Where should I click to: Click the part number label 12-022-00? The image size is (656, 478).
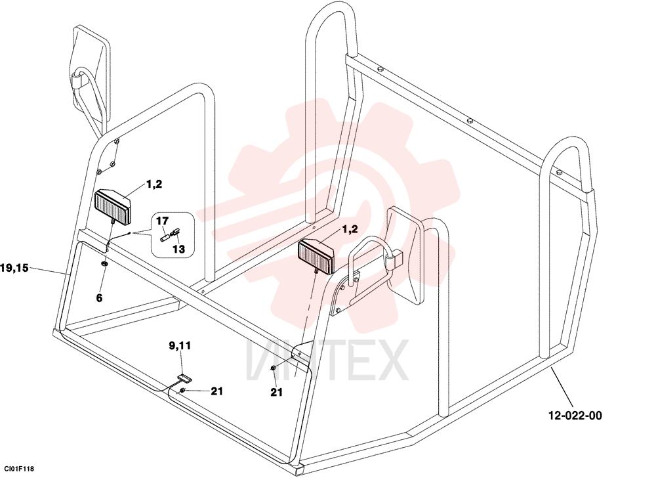click(575, 416)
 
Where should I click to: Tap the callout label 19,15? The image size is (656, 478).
click(14, 268)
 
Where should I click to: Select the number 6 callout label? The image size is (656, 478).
click(99, 298)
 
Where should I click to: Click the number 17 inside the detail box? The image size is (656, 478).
click(162, 221)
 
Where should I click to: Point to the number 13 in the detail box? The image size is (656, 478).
click(178, 249)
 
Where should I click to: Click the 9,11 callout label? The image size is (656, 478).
click(180, 346)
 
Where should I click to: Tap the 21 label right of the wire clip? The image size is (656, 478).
click(216, 391)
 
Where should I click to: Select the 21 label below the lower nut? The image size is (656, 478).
click(277, 392)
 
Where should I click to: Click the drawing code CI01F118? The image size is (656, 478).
click(19, 469)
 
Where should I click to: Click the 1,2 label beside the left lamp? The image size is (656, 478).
click(154, 184)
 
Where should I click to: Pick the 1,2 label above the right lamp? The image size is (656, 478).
click(350, 229)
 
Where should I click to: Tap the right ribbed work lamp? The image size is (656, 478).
click(316, 255)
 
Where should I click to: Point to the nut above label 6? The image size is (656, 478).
click(104, 264)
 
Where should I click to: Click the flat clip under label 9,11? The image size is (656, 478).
click(184, 378)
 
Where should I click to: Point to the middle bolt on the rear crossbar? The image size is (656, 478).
click(470, 121)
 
